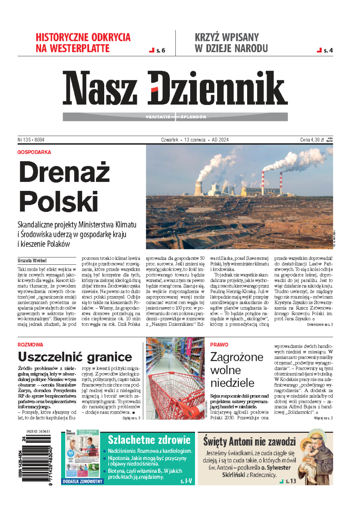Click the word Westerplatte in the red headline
(79, 49)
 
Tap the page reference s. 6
(160, 50)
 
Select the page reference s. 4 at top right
(328, 50)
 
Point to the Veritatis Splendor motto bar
(175, 117)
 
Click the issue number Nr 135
(24, 140)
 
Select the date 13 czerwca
(195, 140)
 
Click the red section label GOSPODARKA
(34, 152)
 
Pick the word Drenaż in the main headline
(64, 172)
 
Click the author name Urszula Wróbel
(32, 261)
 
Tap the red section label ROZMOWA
(30, 345)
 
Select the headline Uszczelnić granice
(75, 357)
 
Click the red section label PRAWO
(219, 345)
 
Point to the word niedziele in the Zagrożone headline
(232, 383)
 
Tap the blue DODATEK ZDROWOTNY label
(82, 481)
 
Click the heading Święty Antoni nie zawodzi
(249, 441)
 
